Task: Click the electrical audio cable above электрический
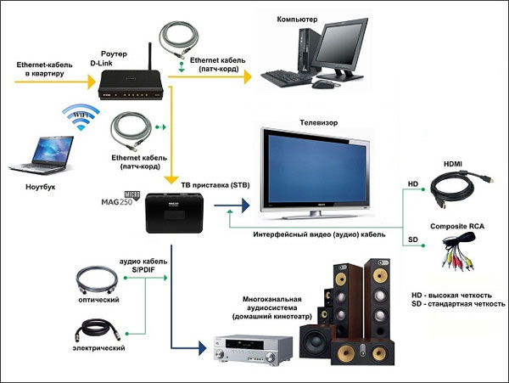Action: click(98, 329)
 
